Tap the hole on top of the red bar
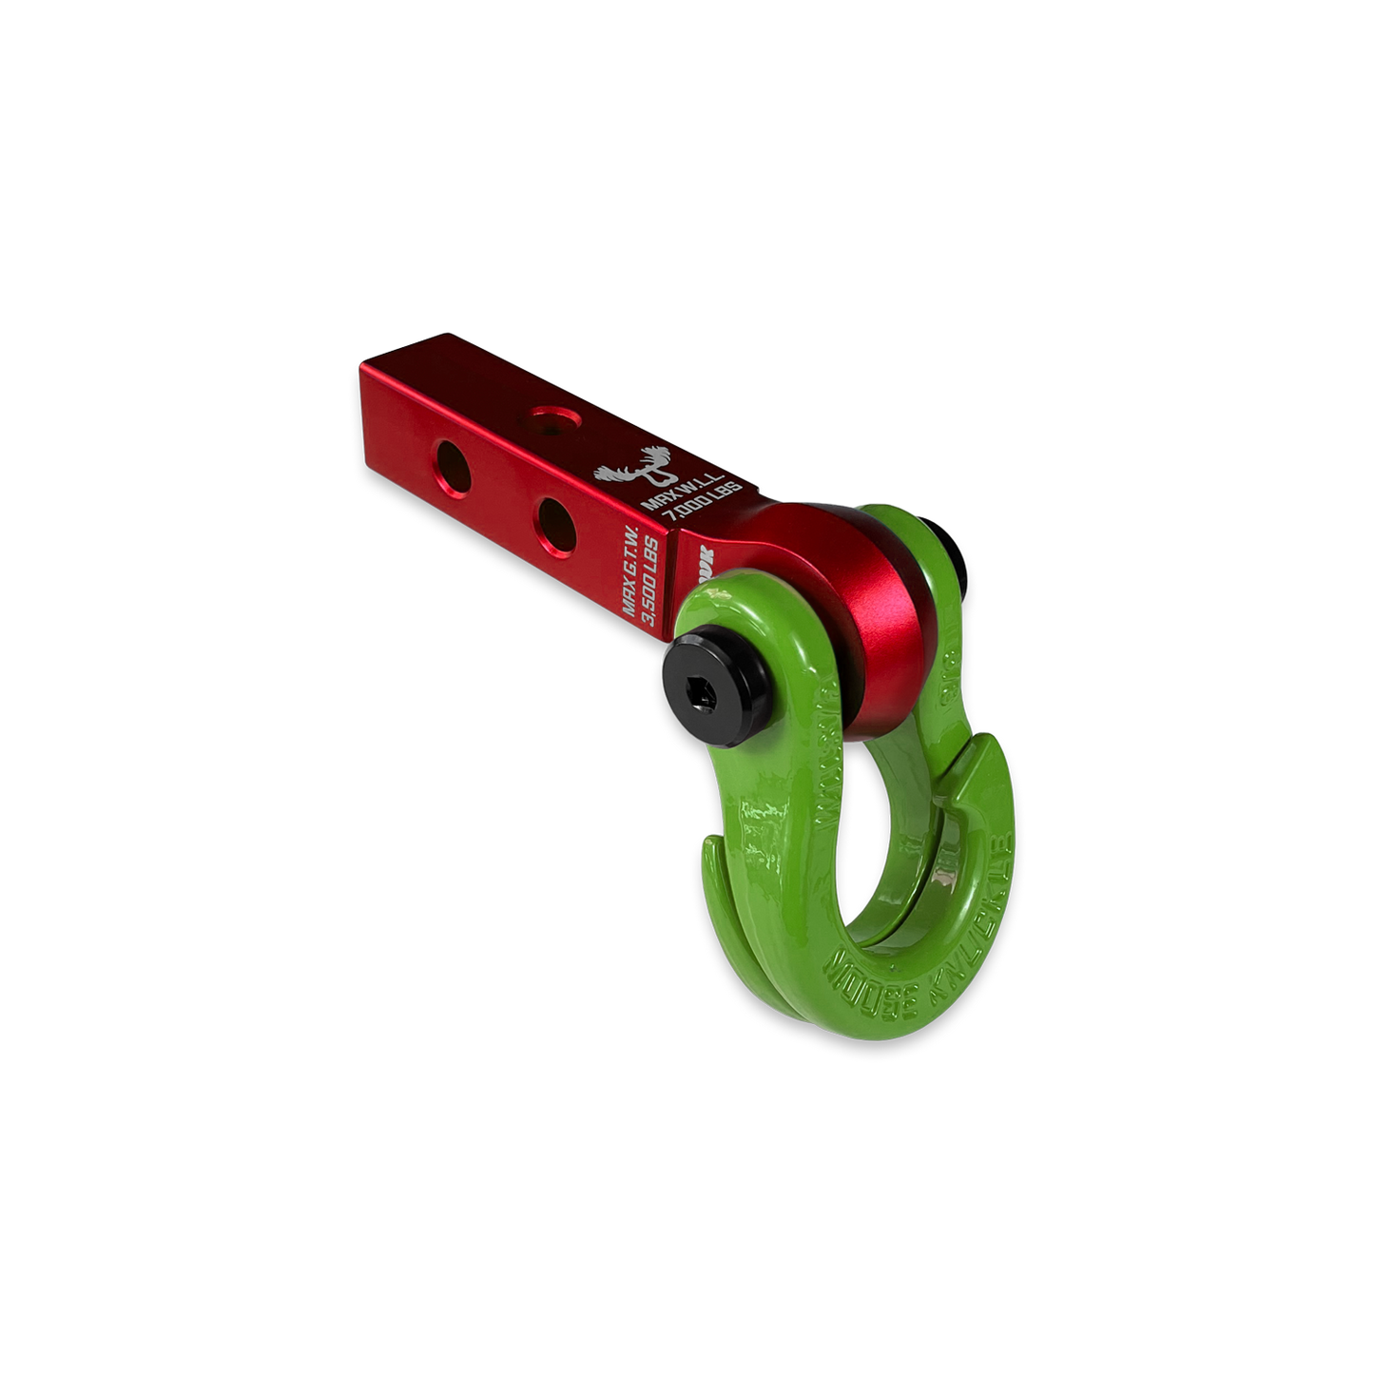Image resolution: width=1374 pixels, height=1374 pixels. (550, 416)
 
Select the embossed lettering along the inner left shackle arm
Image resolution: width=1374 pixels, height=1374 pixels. (828, 761)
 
